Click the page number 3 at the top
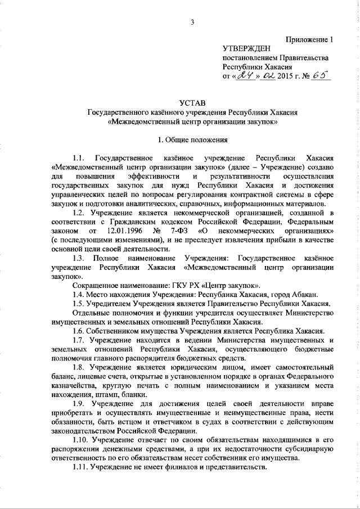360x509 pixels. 192,22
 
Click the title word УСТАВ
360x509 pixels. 192,103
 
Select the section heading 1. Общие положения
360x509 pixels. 192,139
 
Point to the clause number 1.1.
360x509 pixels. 79,157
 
